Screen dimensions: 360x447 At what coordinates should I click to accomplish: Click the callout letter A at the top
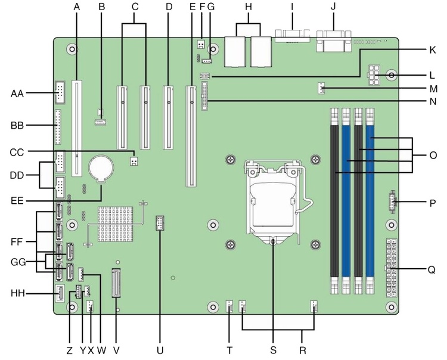[x=76, y=7]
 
